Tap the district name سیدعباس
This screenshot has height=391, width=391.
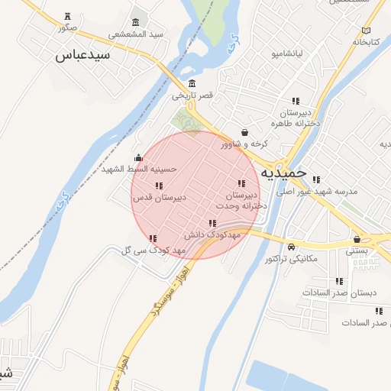tap(79, 56)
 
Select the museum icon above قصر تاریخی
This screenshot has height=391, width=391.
tap(191, 84)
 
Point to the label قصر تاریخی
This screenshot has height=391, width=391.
tap(192, 96)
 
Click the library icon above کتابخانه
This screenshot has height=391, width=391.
tap(367, 31)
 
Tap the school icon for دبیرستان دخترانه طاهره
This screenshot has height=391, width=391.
tap(295, 101)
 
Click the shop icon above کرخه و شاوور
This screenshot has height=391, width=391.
tap(244, 132)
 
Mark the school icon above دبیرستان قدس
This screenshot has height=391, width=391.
tap(159, 186)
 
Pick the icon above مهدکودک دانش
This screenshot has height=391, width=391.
tap(213, 223)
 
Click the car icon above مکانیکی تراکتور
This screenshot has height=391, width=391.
tap(292, 247)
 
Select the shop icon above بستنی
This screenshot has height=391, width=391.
tap(357, 239)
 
